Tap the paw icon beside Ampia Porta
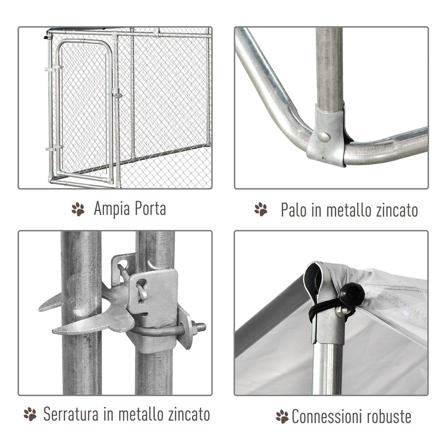(78, 209)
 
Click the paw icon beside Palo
(261, 209)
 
